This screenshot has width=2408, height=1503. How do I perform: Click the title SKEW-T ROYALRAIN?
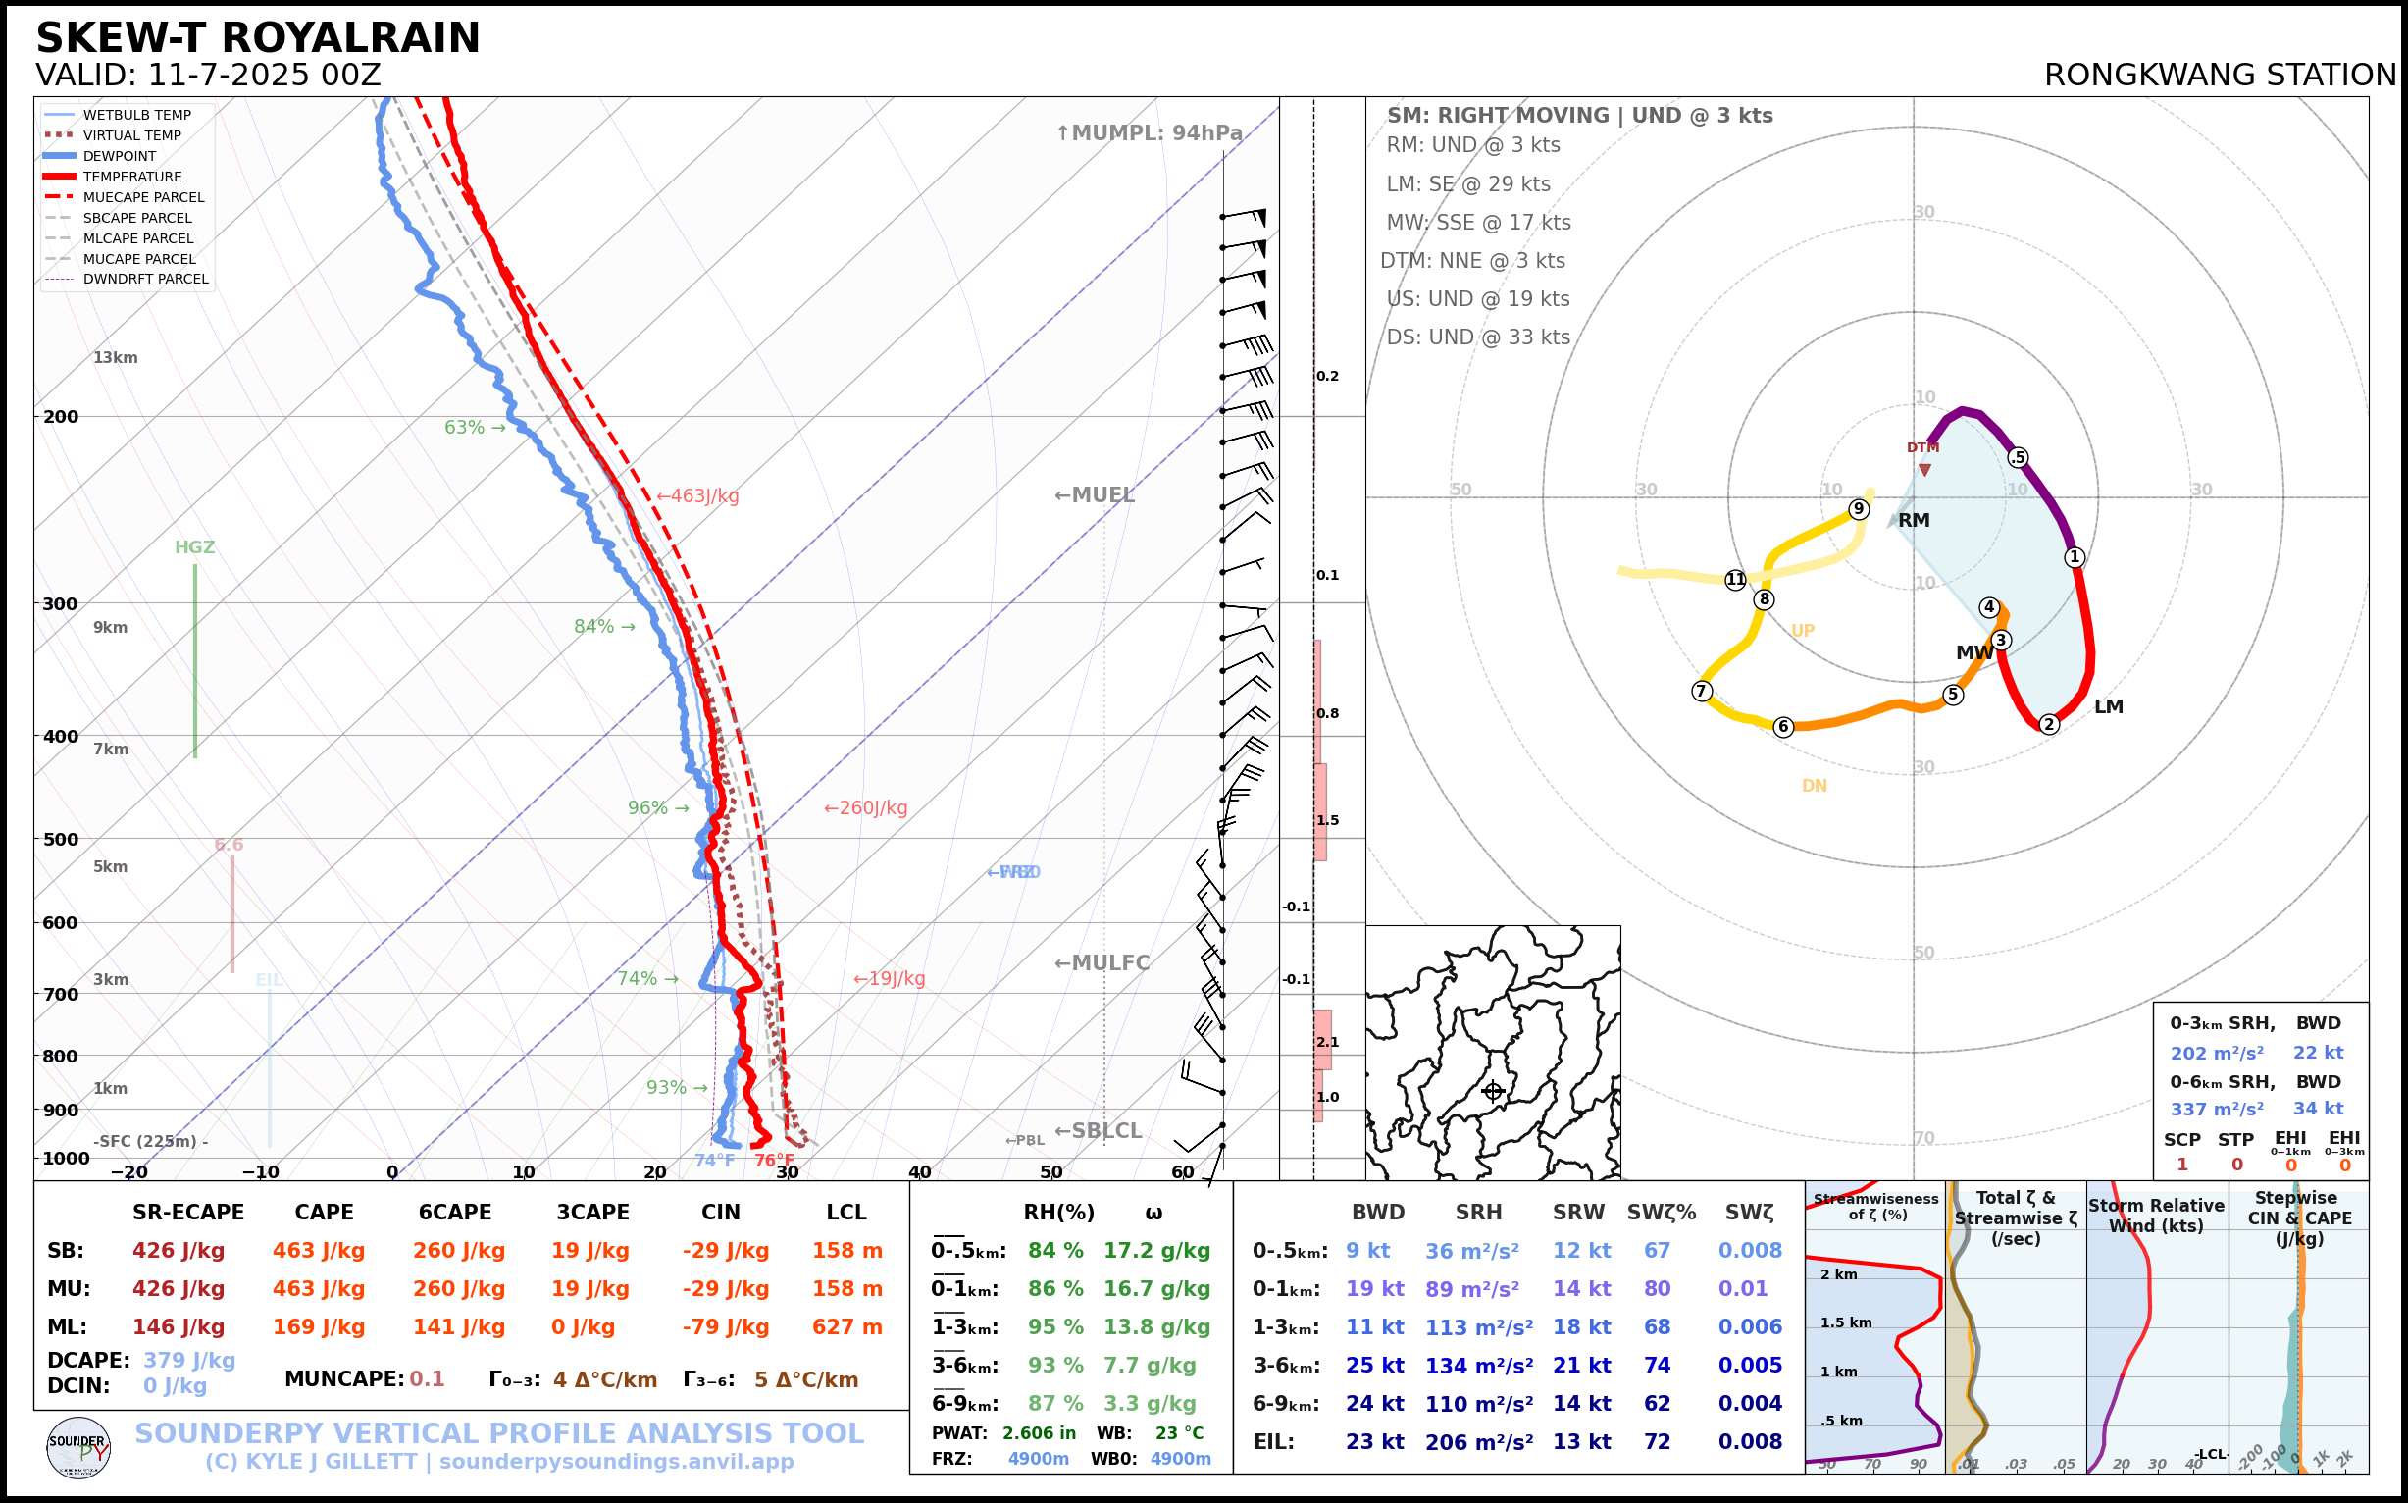click(257, 38)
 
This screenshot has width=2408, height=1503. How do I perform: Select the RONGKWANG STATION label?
click(2219, 76)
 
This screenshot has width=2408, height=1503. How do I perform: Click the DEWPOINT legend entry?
click(120, 156)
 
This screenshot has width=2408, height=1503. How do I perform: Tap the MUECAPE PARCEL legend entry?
click(143, 197)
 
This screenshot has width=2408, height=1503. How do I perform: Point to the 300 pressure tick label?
click(60, 603)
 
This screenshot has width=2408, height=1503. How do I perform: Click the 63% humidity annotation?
click(464, 428)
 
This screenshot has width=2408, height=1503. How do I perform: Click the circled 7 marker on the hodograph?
click(1702, 691)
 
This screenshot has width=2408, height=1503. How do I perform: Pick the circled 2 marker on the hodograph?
click(2048, 725)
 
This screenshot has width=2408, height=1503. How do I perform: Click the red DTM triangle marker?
click(1925, 470)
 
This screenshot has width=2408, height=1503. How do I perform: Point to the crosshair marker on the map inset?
click(1493, 1091)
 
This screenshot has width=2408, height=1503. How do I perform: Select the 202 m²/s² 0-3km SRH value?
click(2216, 1053)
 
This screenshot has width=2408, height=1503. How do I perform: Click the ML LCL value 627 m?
click(846, 1327)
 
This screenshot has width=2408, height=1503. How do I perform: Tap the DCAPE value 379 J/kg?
click(189, 1360)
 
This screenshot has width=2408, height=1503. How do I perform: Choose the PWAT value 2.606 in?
click(1039, 1432)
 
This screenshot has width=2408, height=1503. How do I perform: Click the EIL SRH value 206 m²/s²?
click(1479, 1441)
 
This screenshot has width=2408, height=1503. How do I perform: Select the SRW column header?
click(1578, 1212)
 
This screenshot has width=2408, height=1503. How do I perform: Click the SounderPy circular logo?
click(78, 1447)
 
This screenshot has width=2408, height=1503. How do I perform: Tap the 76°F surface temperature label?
click(774, 1160)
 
